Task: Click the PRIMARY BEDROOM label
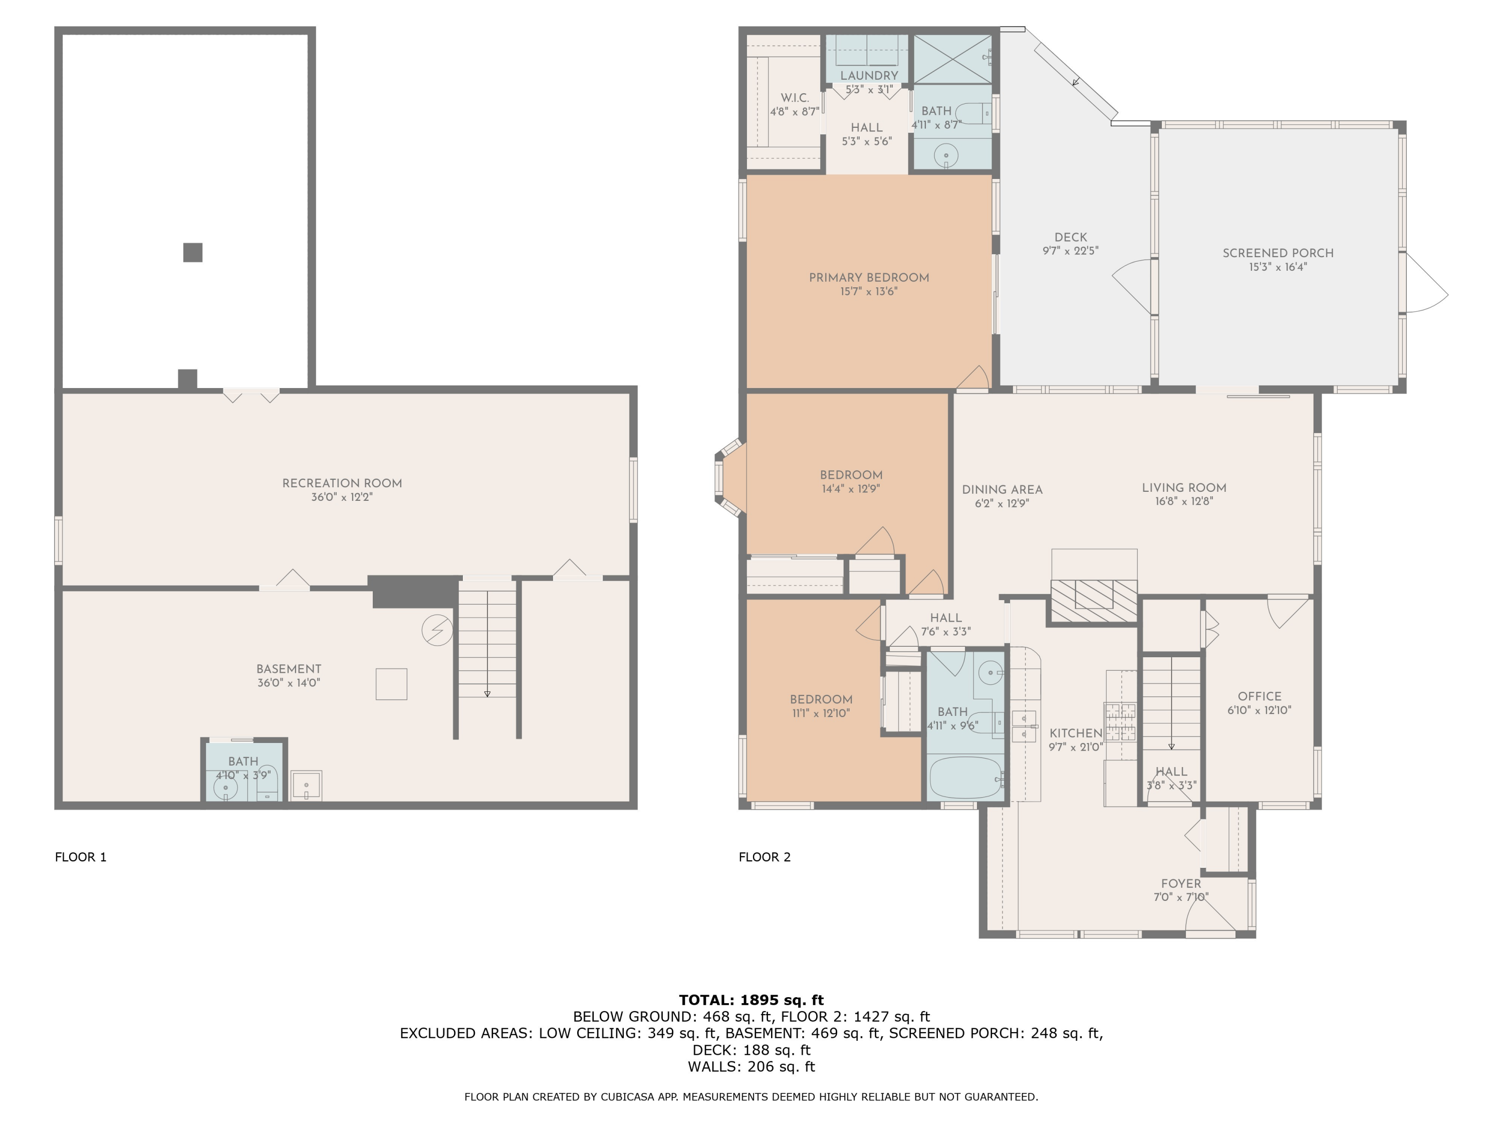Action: [x=868, y=277]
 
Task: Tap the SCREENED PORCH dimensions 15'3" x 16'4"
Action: [x=1278, y=267]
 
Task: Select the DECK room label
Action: [x=1070, y=237]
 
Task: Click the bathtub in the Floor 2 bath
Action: [x=965, y=778]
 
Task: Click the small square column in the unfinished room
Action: [x=193, y=252]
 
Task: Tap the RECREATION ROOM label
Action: [x=342, y=483]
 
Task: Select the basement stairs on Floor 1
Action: [x=487, y=643]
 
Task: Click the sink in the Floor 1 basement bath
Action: [x=225, y=789]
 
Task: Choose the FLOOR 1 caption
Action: [x=81, y=857]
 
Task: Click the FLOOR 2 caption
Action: [x=765, y=857]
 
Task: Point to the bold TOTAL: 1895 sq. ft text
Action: [x=751, y=1000]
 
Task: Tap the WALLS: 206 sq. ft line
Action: [x=751, y=1066]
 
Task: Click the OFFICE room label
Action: [x=1259, y=696]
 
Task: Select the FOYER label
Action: [x=1180, y=883]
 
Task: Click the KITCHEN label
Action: [x=1076, y=733]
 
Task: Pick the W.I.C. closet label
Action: [x=794, y=98]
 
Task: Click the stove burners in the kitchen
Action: [x=1120, y=722]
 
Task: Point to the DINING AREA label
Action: [x=1001, y=489]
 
